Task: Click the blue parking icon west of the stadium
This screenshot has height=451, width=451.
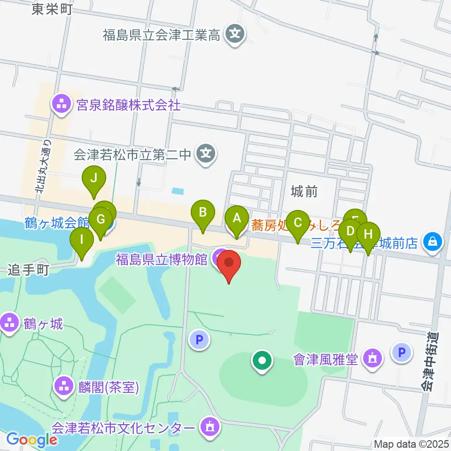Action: pos(199,339)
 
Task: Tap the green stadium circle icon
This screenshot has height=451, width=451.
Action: pos(263,361)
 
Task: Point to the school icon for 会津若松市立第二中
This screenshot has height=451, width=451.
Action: pos(206,153)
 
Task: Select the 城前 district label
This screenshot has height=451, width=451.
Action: pos(304,191)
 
